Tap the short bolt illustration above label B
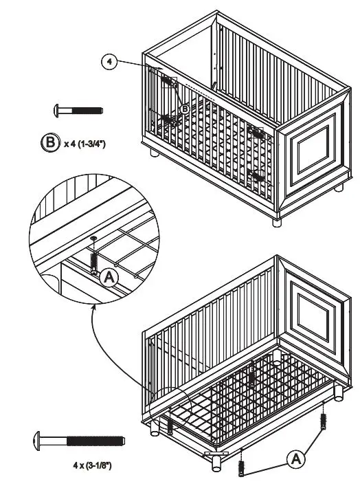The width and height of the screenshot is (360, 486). [78, 109]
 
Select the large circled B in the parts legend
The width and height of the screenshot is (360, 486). [50, 144]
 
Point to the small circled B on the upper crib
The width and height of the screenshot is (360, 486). [184, 109]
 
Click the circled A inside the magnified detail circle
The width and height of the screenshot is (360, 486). [109, 278]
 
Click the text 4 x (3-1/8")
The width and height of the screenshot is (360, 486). [92, 465]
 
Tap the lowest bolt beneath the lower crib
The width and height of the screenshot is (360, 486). [242, 468]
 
